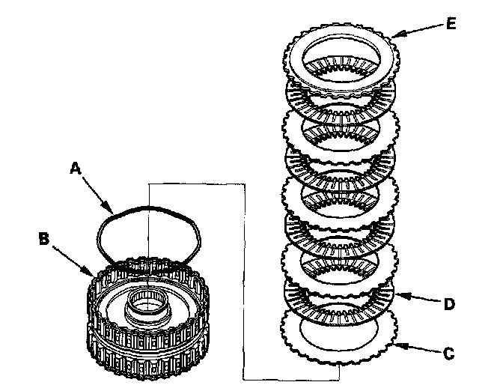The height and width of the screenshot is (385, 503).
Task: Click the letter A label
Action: tap(76, 169)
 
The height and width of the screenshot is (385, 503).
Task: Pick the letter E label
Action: tap(451, 22)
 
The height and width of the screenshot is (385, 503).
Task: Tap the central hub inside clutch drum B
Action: tap(147, 307)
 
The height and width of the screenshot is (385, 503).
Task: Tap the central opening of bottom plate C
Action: tap(338, 334)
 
